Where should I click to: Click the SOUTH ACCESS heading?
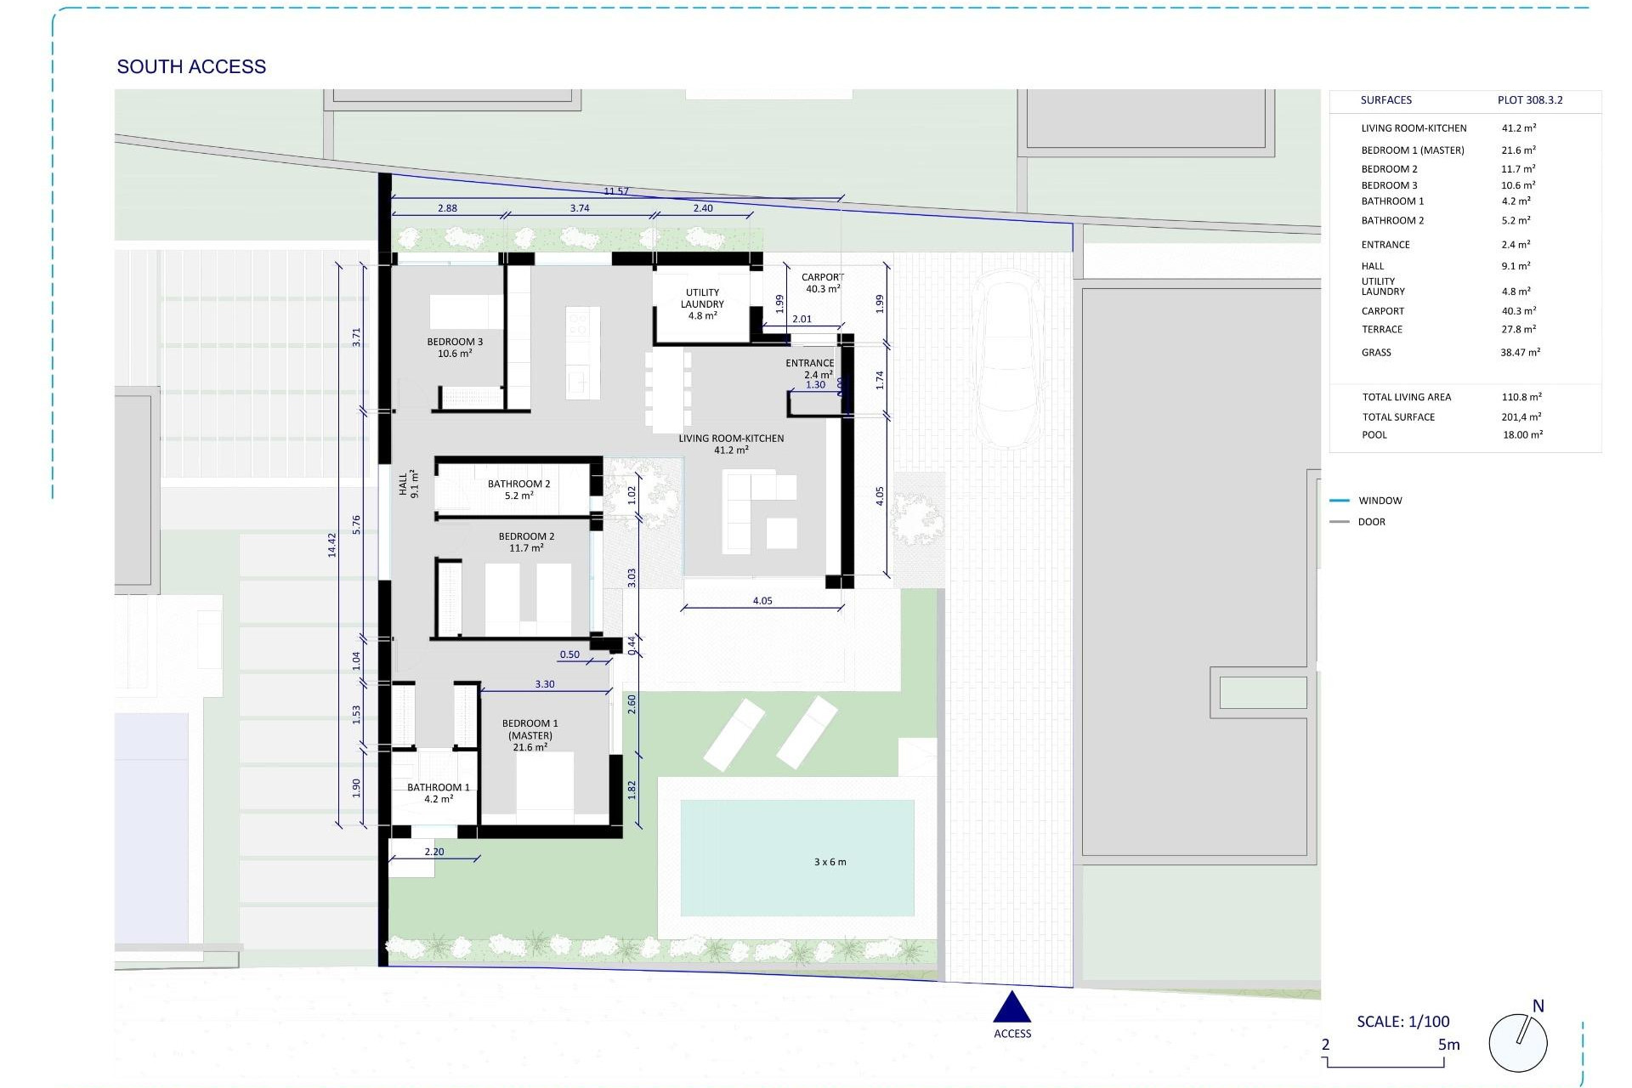point(191,66)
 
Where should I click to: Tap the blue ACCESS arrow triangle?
point(1011,1008)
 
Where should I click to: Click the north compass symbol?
point(1518,1042)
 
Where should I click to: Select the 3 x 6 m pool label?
point(830,862)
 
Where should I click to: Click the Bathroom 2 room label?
point(518,489)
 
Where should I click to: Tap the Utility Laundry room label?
point(702,303)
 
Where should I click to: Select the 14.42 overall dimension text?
point(332,545)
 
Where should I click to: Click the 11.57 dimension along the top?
point(616,191)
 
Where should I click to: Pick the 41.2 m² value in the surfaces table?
point(1518,128)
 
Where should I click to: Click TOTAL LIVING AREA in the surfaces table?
point(1407,397)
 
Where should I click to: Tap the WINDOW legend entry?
point(1380,501)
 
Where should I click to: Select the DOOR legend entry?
point(1371,522)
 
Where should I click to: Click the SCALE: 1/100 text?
point(1402,1022)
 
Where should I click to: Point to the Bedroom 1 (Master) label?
point(530,735)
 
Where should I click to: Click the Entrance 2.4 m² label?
point(809,368)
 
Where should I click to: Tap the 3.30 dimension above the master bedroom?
point(545,684)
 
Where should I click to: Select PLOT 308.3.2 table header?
point(1530,100)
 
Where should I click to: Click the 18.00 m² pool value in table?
point(1521,434)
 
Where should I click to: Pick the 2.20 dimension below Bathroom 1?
point(434,852)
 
